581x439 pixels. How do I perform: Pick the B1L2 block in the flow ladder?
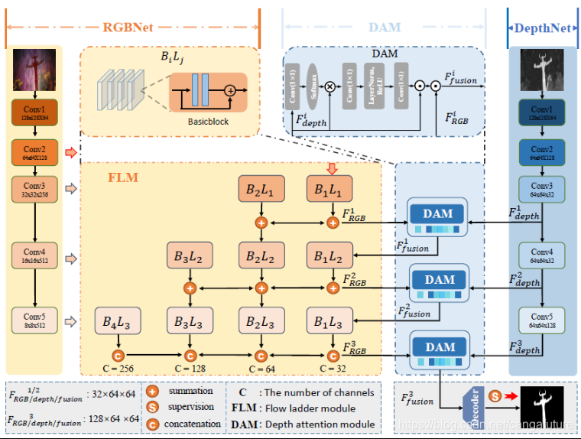(329, 256)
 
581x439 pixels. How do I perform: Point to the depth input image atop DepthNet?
(542, 73)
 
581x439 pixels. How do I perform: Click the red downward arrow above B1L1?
(331, 167)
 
